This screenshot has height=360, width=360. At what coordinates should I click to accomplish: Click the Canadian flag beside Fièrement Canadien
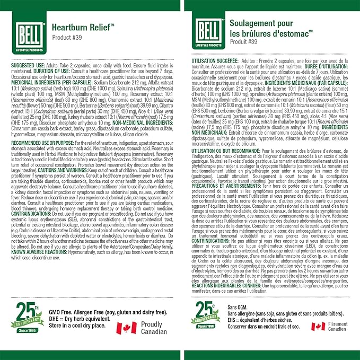pyautogui.click(x=318, y=327)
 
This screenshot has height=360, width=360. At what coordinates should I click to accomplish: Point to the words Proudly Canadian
pyautogui.click(x=155, y=327)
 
